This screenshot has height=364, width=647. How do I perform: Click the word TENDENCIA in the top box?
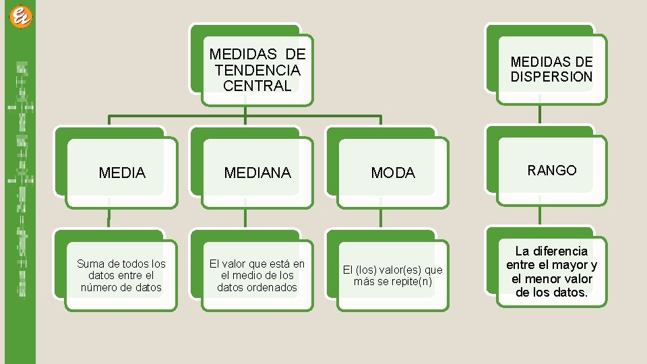(257, 69)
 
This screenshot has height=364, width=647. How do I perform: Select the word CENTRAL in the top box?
(257, 86)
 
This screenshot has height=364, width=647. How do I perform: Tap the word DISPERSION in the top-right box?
(551, 77)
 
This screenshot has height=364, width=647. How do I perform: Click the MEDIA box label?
(122, 173)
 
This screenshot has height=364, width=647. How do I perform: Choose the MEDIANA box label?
(257, 173)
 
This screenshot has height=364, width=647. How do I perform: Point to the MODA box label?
(393, 173)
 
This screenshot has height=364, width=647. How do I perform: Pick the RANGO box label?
(552, 170)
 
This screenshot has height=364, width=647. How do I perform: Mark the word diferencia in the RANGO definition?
(561, 251)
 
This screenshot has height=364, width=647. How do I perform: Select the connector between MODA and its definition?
(380, 218)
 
